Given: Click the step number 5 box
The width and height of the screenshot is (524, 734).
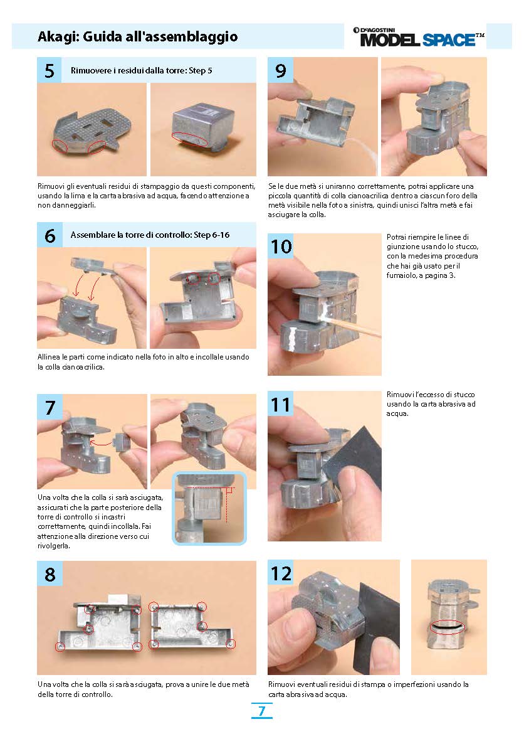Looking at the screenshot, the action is pyautogui.click(x=49, y=70).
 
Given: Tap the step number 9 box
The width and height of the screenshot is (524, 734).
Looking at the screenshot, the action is pyautogui.click(x=280, y=70).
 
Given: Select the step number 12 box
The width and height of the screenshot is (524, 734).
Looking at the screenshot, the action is pyautogui.click(x=281, y=573).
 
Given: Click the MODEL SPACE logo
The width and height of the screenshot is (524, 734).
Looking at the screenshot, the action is pyautogui.click(x=418, y=37).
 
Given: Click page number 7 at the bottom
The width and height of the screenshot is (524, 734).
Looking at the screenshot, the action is pyautogui.click(x=261, y=711).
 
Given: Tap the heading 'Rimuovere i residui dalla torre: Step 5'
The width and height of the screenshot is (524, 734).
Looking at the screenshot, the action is pyautogui.click(x=141, y=71).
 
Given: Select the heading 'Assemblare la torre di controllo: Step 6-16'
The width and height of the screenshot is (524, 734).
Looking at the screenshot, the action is pyautogui.click(x=150, y=235).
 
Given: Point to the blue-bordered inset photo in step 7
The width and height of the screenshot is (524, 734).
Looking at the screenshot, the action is pyautogui.click(x=209, y=508).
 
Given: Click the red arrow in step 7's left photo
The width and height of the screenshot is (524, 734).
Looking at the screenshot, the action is pyautogui.click(x=100, y=442).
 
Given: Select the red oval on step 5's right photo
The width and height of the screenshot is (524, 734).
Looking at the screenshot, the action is pyautogui.click(x=190, y=139).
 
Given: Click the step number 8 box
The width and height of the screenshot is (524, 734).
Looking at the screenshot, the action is pyautogui.click(x=50, y=573).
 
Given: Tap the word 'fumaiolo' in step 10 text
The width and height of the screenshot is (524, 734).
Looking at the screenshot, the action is pyautogui.click(x=401, y=275).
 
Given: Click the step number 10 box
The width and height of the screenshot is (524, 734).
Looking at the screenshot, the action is pyautogui.click(x=281, y=246).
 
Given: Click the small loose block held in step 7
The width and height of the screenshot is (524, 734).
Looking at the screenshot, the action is pyautogui.click(x=121, y=442).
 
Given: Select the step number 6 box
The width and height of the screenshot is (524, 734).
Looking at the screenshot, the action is pyautogui.click(x=50, y=235).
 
